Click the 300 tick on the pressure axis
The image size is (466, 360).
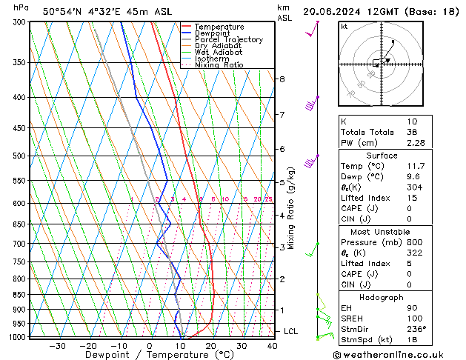click(19, 22)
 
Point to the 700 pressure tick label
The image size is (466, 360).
click(19, 244)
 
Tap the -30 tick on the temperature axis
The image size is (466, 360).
click(57, 346)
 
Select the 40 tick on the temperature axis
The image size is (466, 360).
click(272, 346)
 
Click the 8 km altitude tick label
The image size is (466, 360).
click(282, 79)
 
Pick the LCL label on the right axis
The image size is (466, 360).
click(290, 331)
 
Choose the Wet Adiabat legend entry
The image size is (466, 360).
click(219, 53)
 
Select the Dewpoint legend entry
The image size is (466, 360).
click(213, 33)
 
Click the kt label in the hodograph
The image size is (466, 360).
click(344, 26)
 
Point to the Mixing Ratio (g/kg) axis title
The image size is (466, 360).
click(291, 207)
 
